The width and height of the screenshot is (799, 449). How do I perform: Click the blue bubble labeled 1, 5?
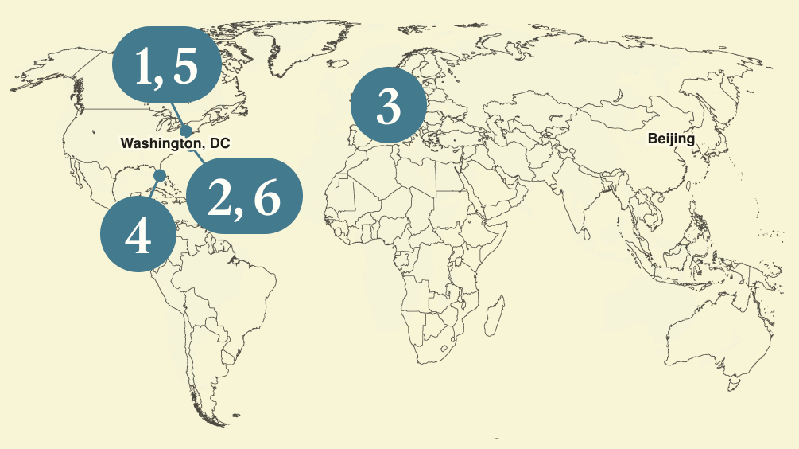coord(166,66)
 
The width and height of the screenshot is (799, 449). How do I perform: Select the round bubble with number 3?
coord(388,106)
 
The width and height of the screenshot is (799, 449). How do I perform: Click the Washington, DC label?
coord(174,143)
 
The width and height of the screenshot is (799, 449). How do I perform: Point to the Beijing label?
coord(671,139)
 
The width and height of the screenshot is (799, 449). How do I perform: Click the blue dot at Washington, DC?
coord(186,131)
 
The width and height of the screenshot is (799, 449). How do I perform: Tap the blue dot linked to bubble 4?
coord(159,175)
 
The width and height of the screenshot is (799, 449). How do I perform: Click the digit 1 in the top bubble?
coord(144,67)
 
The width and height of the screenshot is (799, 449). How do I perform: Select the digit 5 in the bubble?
coord(184,67)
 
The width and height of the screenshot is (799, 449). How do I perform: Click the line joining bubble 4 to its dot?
coord(153,189)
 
